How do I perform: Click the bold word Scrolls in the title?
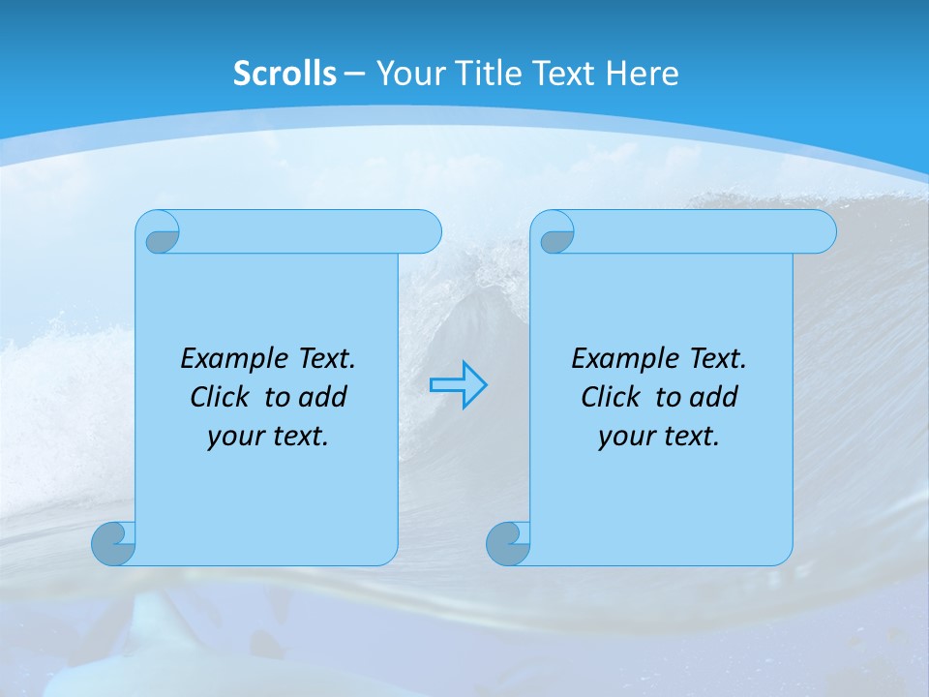pyautogui.click(x=285, y=74)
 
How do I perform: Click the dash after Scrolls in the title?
pyautogui.click(x=354, y=74)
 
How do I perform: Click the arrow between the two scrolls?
pyautogui.click(x=459, y=385)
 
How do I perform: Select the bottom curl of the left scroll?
pyautogui.click(x=112, y=544)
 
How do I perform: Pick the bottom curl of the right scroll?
pyautogui.click(x=507, y=544)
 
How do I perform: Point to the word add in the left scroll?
pyautogui.click(x=322, y=398)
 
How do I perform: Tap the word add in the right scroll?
pyautogui.click(x=713, y=398)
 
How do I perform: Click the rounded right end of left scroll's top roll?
pyautogui.click(x=426, y=231)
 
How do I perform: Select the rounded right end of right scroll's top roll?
pyautogui.click(x=821, y=231)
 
